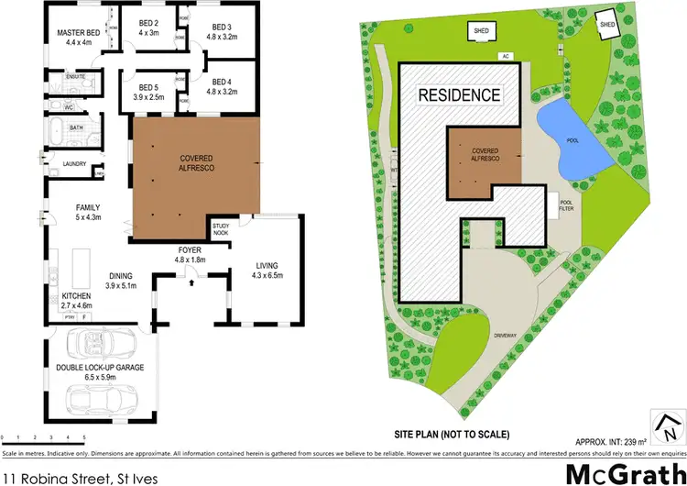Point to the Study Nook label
tap(221, 228)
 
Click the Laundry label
tap(74, 164)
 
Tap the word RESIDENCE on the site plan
tap(459, 94)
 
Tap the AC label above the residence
tap(504, 57)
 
